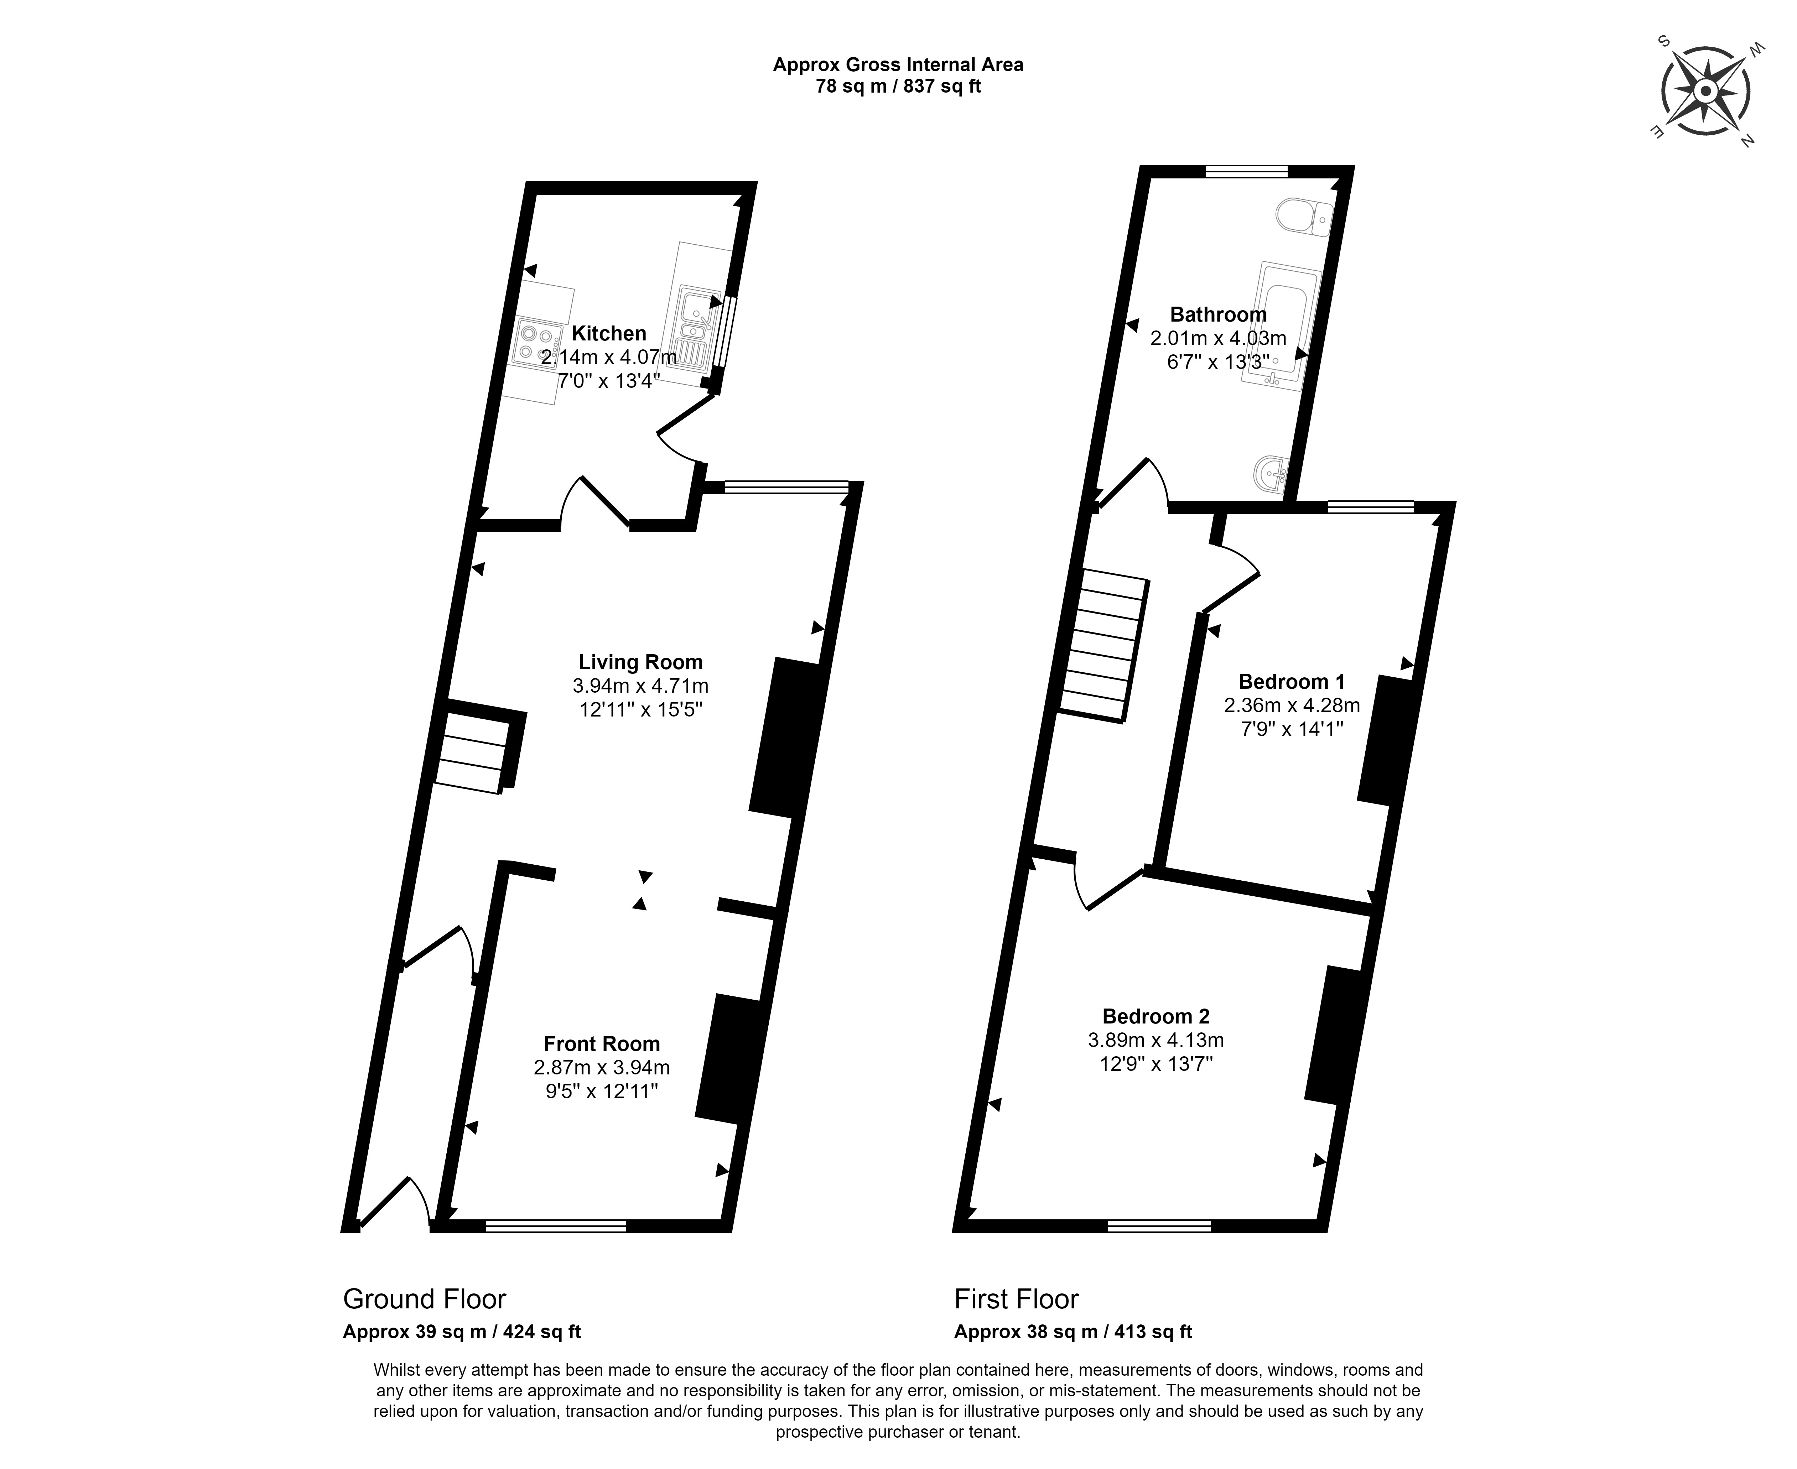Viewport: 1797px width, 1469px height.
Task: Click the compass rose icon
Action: (x=1705, y=92)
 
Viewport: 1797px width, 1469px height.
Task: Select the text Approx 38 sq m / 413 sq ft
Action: (x=1073, y=1331)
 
